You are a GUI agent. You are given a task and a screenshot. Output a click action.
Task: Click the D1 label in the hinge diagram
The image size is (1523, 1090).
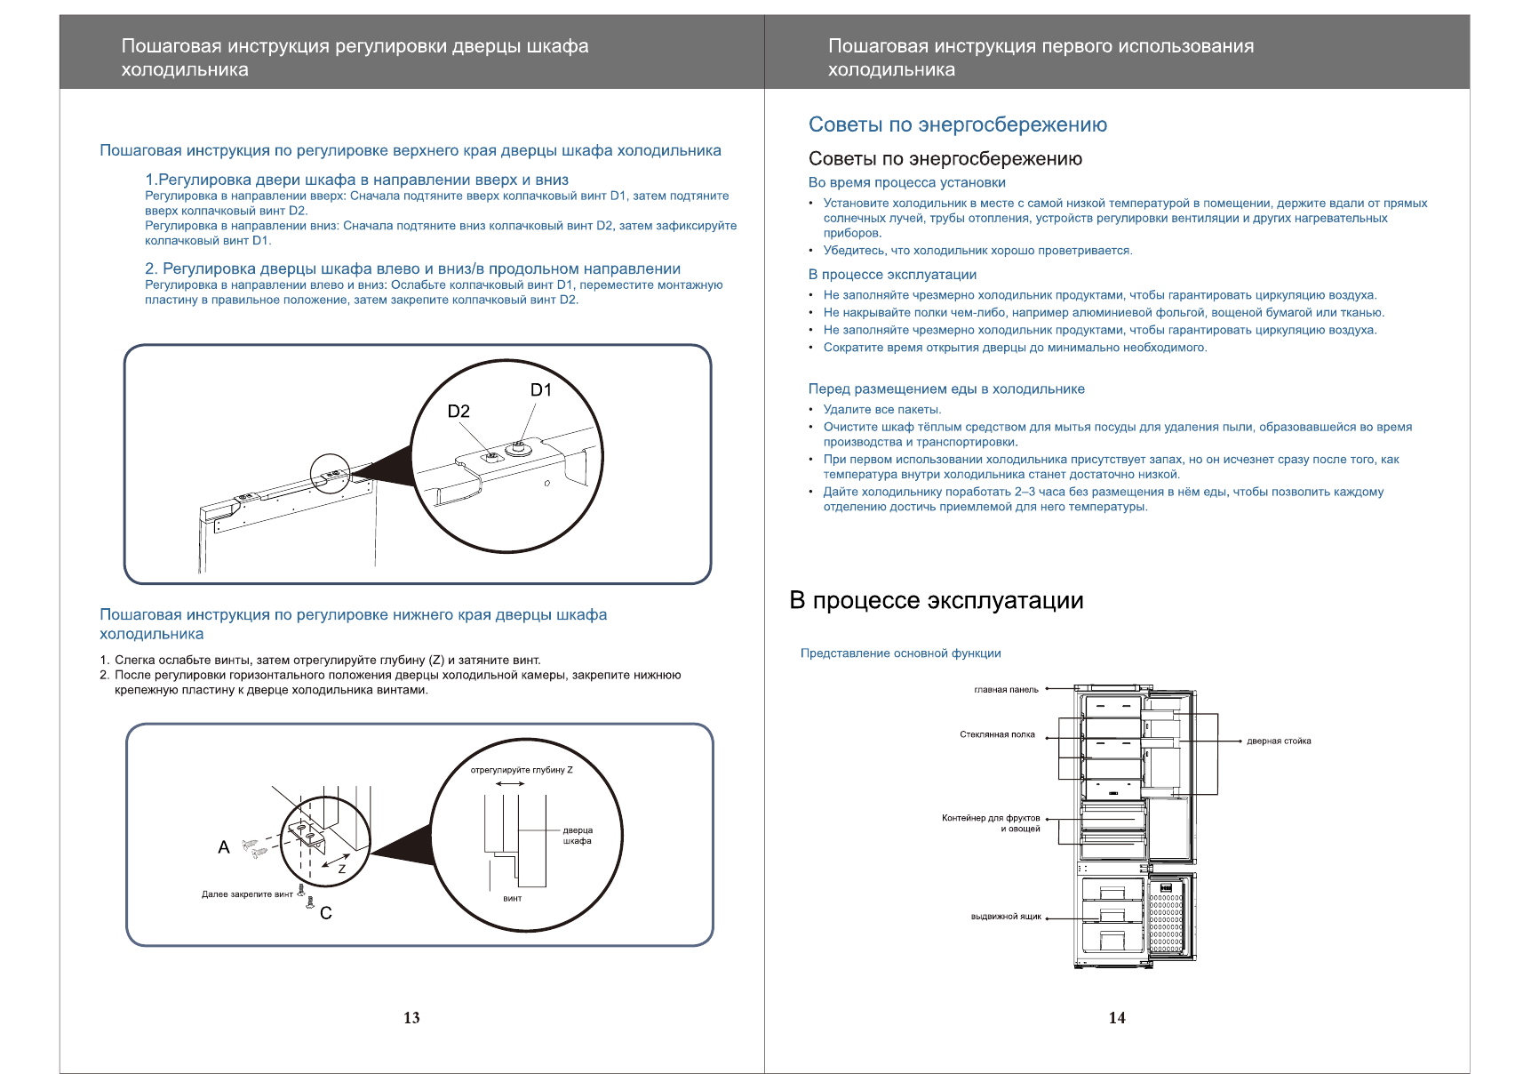tap(540, 390)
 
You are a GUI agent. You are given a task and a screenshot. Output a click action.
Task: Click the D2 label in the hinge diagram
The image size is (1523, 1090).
tap(458, 412)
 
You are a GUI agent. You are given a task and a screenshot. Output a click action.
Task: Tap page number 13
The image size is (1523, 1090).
tap(411, 1018)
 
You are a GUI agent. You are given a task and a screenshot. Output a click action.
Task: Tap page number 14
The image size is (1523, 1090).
tap(1117, 1018)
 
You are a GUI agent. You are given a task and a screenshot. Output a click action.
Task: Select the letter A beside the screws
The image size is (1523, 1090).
tap(224, 847)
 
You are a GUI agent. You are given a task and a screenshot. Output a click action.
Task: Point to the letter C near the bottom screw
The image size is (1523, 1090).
tap(326, 913)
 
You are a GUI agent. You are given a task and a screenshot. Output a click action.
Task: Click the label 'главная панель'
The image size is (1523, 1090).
tap(1006, 690)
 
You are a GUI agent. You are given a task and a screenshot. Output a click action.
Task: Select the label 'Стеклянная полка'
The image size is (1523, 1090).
tap(997, 735)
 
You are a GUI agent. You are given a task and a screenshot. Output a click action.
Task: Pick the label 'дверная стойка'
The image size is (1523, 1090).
tap(1279, 741)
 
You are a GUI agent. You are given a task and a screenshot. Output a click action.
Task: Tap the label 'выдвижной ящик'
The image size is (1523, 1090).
tap(1006, 917)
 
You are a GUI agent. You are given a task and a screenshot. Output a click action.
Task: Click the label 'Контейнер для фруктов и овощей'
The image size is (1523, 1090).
tap(991, 823)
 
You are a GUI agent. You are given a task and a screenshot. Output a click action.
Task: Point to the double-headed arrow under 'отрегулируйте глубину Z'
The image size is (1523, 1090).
tap(510, 784)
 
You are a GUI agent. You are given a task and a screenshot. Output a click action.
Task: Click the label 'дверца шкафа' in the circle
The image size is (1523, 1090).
tap(578, 836)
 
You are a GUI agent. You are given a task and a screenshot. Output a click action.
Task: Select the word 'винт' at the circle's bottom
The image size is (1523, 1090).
tap(513, 899)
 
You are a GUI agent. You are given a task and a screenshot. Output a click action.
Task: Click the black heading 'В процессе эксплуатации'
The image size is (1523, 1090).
tap(937, 601)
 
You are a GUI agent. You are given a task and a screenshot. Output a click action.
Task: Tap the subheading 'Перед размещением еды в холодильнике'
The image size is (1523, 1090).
tap(946, 389)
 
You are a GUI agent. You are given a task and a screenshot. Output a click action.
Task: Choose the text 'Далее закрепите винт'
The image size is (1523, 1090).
tap(247, 894)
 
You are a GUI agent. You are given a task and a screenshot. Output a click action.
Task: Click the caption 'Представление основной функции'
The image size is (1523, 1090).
tap(900, 653)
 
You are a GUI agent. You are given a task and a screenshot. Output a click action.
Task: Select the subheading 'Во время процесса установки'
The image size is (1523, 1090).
tap(906, 183)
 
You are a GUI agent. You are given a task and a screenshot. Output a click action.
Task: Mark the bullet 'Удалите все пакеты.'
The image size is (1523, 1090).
tap(881, 410)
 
